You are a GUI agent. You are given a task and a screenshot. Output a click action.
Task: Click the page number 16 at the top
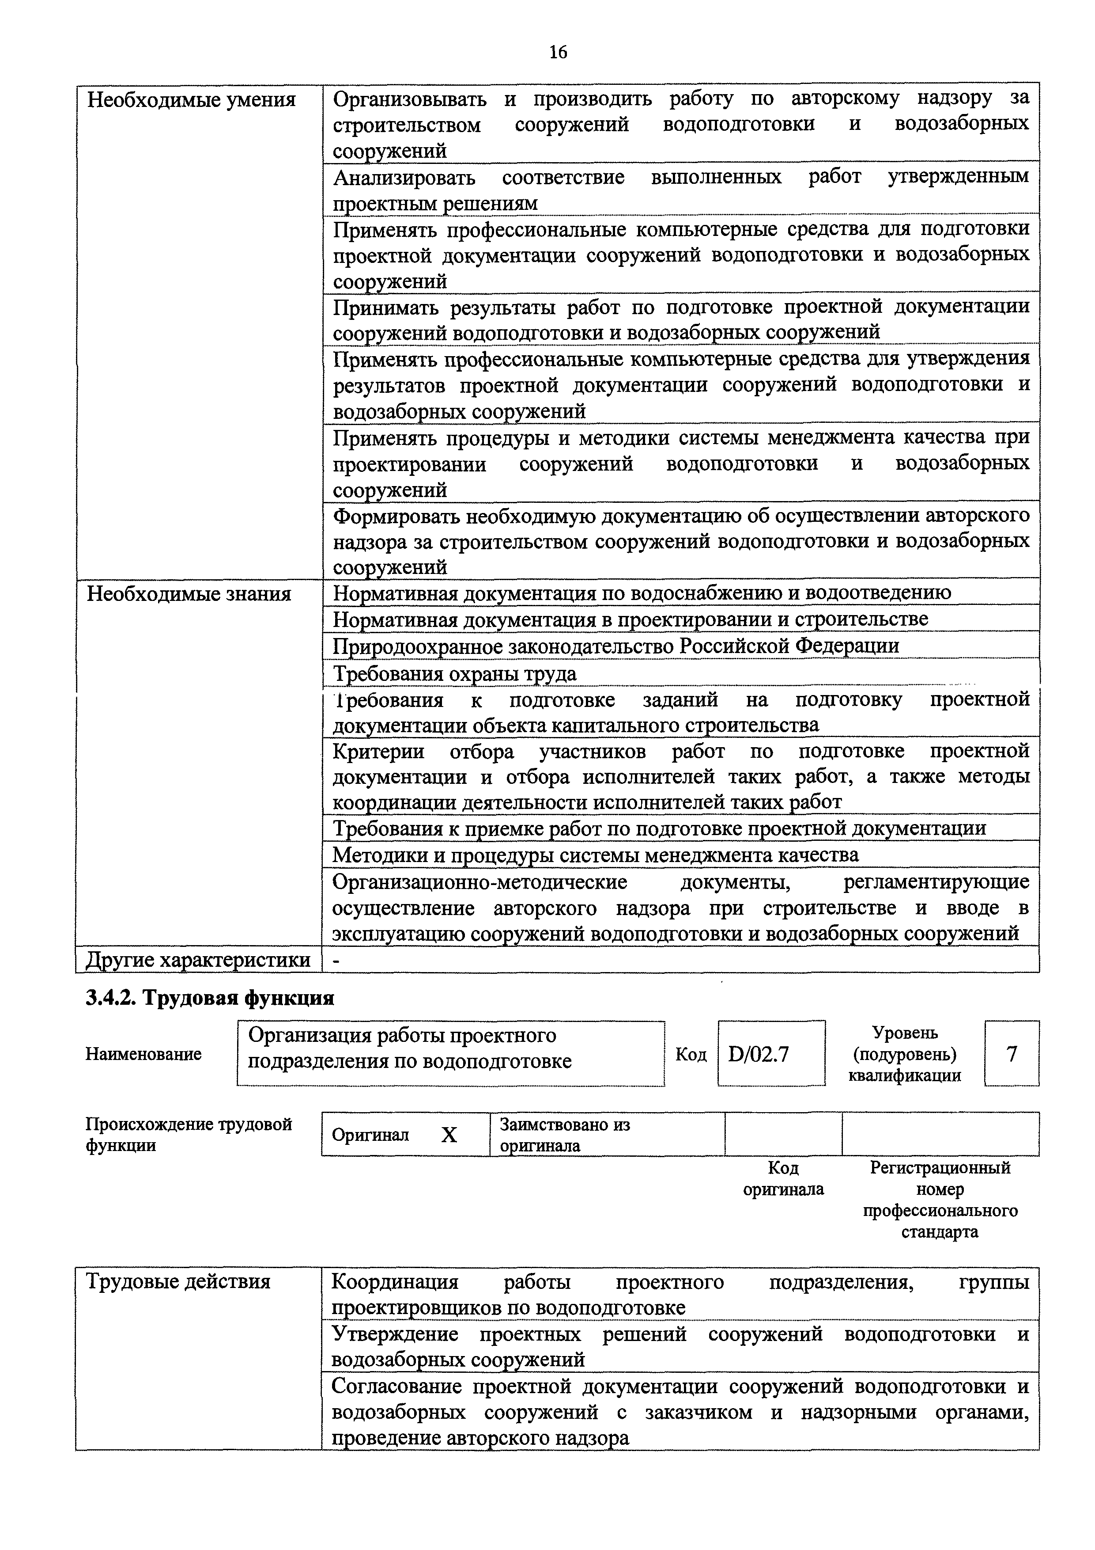tap(558, 52)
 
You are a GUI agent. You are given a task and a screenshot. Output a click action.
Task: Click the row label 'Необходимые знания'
tap(189, 594)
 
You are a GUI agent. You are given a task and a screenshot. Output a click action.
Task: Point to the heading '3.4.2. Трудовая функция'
tap(210, 998)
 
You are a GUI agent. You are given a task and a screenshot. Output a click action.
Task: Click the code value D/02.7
tap(759, 1054)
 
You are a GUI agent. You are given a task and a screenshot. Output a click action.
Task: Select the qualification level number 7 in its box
tap(1012, 1054)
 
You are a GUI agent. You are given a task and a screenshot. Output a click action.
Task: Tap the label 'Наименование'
tap(143, 1054)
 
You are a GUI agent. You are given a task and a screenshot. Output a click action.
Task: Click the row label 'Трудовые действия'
tap(178, 1281)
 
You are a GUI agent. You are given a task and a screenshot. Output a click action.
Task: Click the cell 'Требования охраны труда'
tap(455, 674)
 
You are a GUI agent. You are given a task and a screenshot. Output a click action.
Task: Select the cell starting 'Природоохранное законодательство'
tap(616, 646)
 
